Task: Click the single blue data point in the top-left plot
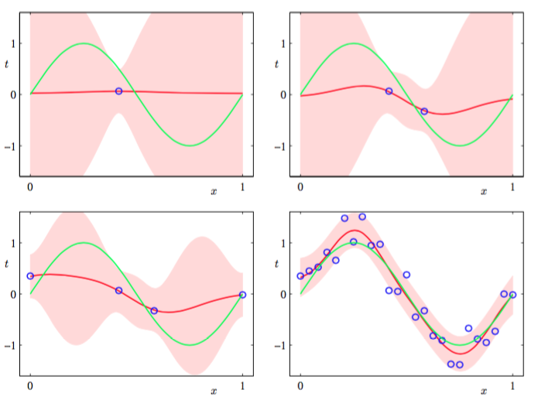coord(118,91)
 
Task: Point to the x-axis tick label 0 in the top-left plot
coord(30,186)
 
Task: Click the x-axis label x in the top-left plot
coord(214,190)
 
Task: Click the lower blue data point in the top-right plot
coord(424,111)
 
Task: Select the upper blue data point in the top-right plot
coord(389,91)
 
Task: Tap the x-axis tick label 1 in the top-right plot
coord(512,186)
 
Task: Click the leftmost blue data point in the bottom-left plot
coord(30,276)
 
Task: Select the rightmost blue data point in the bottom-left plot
coord(242,295)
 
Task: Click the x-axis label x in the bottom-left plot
coord(214,391)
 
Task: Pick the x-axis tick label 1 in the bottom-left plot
coord(242,386)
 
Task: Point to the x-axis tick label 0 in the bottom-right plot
coord(300,386)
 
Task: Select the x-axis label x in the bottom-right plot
coord(484,391)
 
